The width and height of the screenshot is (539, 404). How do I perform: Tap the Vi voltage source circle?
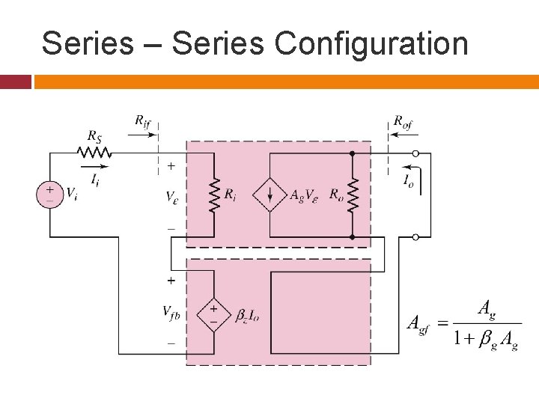click(49, 195)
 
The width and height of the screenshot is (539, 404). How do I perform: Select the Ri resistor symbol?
click(213, 195)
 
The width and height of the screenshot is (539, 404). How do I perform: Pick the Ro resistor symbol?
click(352, 195)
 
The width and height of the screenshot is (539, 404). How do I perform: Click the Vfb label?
click(171, 313)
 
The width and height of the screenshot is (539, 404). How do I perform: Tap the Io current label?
click(408, 181)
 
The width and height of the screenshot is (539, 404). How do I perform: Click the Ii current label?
click(94, 179)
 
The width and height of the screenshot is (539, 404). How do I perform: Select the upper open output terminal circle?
click(416, 153)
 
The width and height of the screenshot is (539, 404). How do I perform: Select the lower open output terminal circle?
click(416, 237)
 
